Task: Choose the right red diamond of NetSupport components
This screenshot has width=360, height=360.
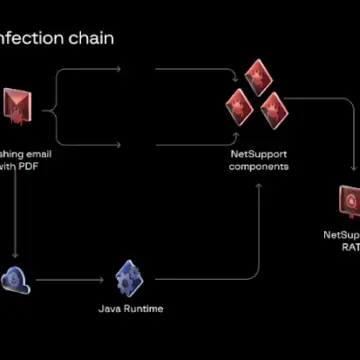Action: point(274,109)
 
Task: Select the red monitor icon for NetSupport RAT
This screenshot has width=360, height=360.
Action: point(349,202)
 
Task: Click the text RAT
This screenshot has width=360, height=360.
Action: point(349,246)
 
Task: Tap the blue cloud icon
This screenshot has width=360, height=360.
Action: point(15,280)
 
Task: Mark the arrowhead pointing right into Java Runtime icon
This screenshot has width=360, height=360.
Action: point(101,278)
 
